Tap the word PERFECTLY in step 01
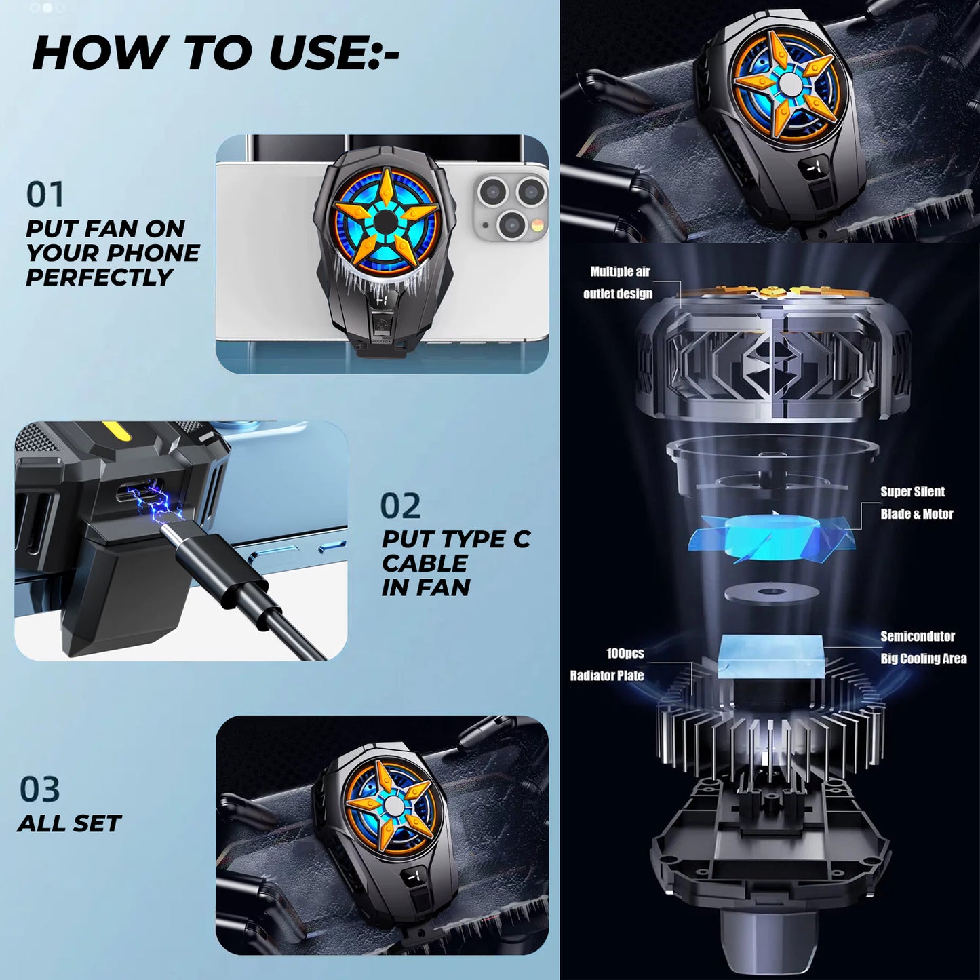click(x=100, y=277)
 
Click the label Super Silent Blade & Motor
click(x=916, y=503)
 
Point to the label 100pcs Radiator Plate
click(x=607, y=664)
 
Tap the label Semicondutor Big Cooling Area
click(x=923, y=648)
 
